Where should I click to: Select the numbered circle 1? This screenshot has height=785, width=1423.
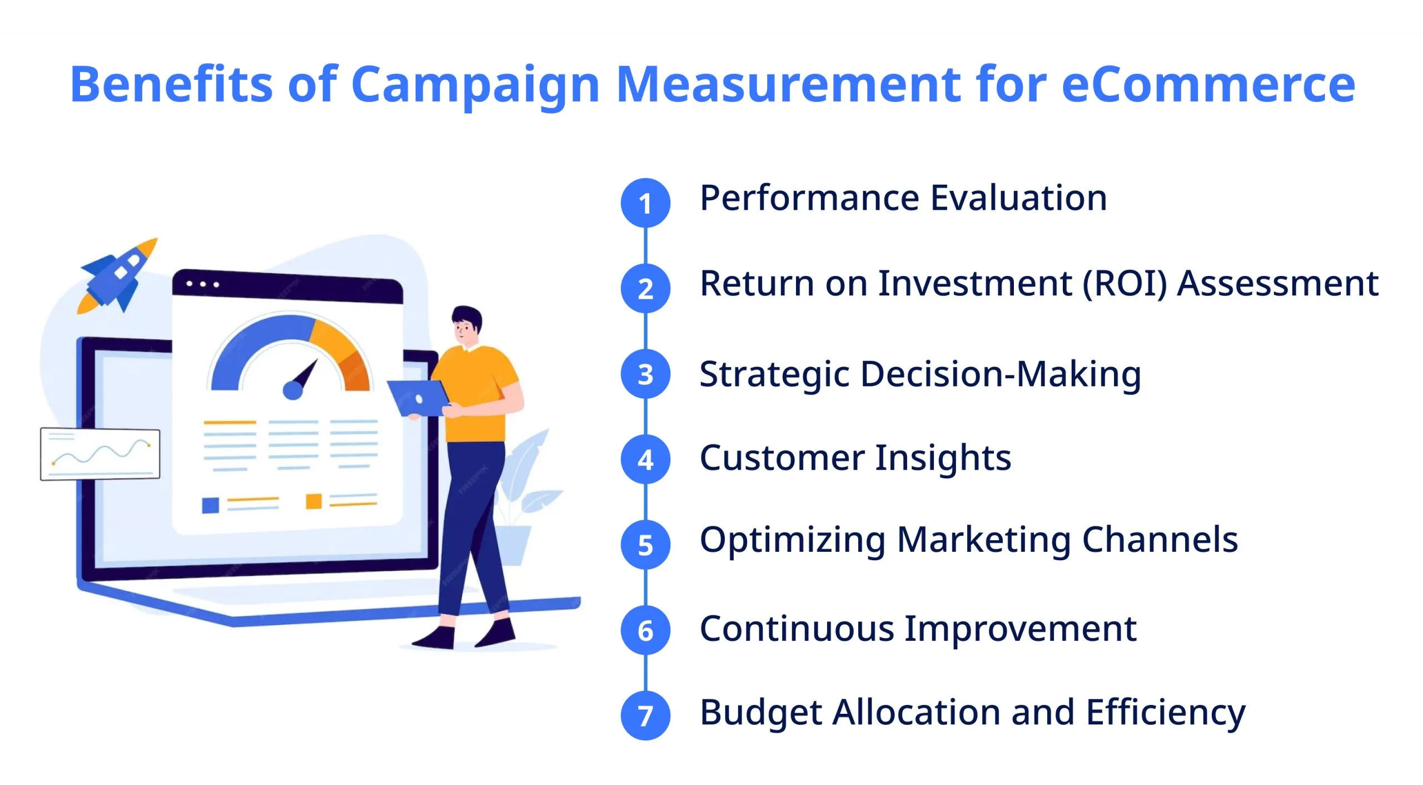pyautogui.click(x=645, y=203)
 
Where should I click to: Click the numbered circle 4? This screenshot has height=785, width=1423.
pyautogui.click(x=645, y=460)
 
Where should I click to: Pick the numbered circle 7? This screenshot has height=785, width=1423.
pyautogui.click(x=645, y=715)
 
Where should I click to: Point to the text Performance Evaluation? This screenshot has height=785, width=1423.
pyautogui.click(x=903, y=198)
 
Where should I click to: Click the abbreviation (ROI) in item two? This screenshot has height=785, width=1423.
pyautogui.click(x=1125, y=284)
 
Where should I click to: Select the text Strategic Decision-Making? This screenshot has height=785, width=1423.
pyautogui.click(x=920, y=374)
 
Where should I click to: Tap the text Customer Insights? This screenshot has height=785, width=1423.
pyautogui.click(x=855, y=458)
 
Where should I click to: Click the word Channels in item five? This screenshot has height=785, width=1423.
pyautogui.click(x=1160, y=540)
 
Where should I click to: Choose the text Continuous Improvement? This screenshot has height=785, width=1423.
pyautogui.click(x=918, y=629)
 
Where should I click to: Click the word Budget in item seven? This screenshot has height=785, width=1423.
pyautogui.click(x=760, y=713)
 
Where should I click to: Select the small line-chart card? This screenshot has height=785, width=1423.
pyautogui.click(x=100, y=454)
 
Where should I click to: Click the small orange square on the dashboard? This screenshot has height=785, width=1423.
pyautogui.click(x=314, y=501)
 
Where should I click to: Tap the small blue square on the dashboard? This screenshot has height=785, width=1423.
pyautogui.click(x=210, y=505)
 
